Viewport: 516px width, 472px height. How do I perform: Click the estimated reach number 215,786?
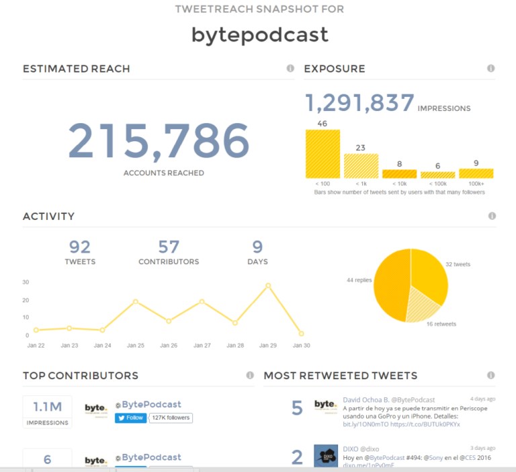click(159, 142)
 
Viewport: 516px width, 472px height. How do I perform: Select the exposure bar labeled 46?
click(322, 154)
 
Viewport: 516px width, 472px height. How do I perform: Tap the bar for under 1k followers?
click(361, 166)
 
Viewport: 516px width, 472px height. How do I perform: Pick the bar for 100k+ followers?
click(476, 173)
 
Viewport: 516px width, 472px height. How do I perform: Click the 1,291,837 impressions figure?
click(360, 104)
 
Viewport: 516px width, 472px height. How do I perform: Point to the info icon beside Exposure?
click(490, 69)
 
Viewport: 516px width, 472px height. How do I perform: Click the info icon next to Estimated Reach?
click(290, 69)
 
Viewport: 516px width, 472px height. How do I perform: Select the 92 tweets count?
click(80, 247)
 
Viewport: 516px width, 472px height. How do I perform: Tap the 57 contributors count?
click(169, 247)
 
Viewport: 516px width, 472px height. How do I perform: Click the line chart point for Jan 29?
click(268, 286)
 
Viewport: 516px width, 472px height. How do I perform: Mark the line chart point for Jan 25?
click(136, 301)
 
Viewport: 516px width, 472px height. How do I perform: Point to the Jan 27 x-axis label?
click(202, 346)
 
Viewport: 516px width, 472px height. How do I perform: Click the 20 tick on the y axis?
click(26, 301)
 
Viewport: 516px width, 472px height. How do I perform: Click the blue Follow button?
click(130, 418)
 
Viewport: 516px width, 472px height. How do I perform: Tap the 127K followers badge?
click(171, 418)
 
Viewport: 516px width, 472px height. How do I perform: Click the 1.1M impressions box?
click(47, 411)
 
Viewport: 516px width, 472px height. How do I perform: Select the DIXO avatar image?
click(326, 456)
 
